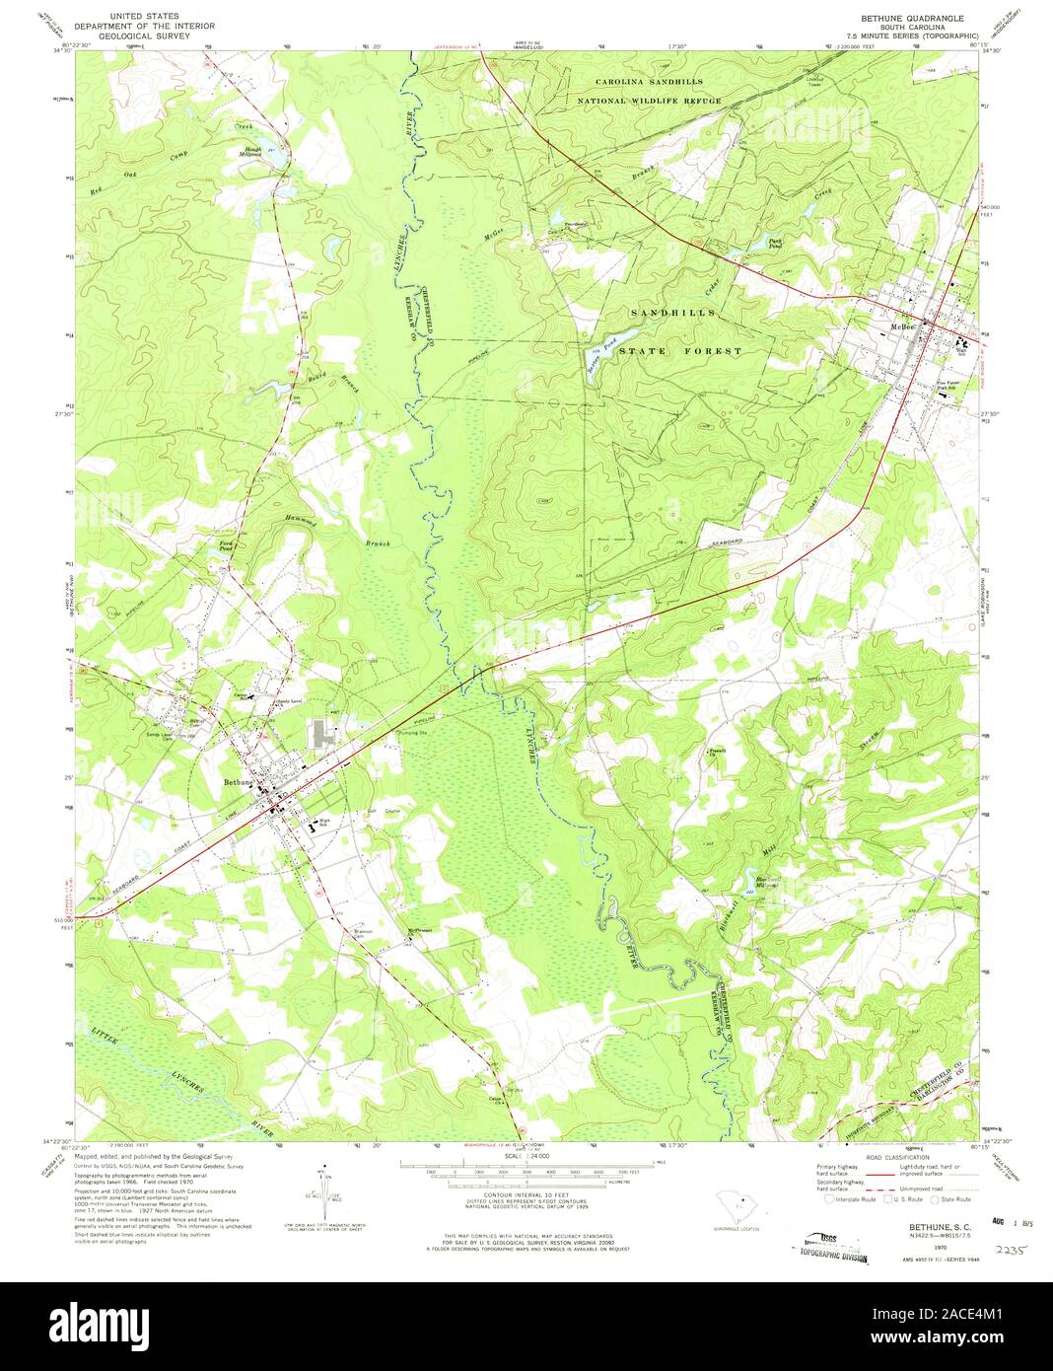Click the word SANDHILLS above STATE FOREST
673,313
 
